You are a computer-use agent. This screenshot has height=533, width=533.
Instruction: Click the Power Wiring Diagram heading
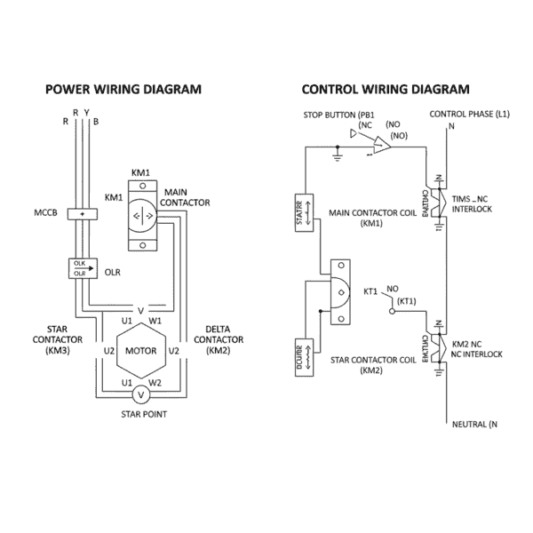(x=123, y=89)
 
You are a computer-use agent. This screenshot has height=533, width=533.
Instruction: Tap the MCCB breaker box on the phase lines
(x=82, y=214)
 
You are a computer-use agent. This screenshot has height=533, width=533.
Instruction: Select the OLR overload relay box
(x=82, y=267)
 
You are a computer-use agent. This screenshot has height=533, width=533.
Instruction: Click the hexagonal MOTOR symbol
(x=140, y=350)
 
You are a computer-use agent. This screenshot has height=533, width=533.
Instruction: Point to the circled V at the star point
(x=140, y=394)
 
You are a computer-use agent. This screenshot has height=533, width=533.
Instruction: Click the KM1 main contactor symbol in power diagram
(x=143, y=214)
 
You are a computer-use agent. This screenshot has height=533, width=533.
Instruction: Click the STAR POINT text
(x=141, y=414)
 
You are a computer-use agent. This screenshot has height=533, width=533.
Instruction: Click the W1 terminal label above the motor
(x=155, y=320)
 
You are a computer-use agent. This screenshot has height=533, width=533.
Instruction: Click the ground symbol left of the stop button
(x=338, y=157)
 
